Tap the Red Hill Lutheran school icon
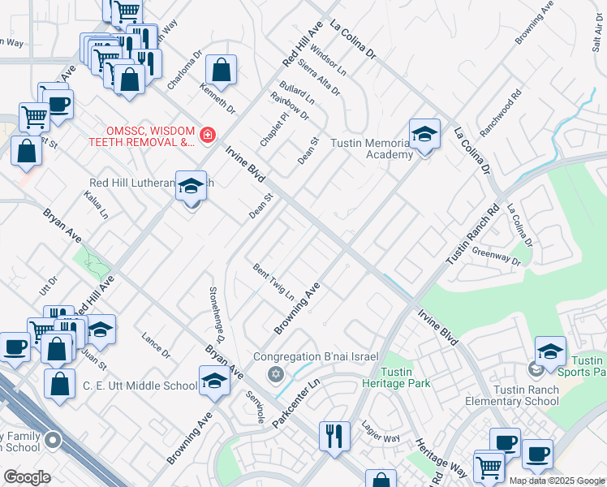[x=191, y=187]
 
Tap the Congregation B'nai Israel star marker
[x=275, y=373]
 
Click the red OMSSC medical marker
[x=208, y=135]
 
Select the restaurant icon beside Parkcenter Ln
[x=334, y=437]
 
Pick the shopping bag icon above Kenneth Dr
[x=221, y=71]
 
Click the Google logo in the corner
[x=27, y=477]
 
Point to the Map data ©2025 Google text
[x=557, y=481]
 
